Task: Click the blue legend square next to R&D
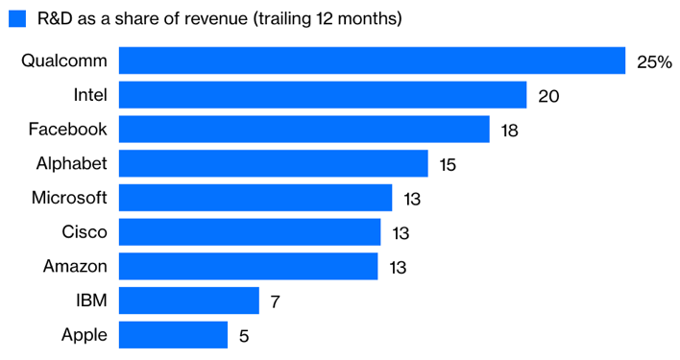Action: pos(16,19)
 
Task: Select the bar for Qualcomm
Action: pos(372,60)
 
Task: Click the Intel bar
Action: pos(322,95)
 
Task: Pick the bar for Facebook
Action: pos(304,130)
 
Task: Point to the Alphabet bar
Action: pos(273,164)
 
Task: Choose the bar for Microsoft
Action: pos(255,198)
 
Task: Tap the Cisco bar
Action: pos(249,232)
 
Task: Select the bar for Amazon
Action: pos(248,267)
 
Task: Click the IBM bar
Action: pos(188,301)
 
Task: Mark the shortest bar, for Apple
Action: pos(173,335)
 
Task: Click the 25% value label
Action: pos(653,61)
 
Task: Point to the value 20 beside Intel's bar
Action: pos(548,96)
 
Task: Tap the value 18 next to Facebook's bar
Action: pos(509,131)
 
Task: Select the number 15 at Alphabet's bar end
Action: pos(448,165)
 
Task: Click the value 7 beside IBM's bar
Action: pos(275,302)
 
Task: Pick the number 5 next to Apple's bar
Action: pos(244,336)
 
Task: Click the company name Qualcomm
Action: pos(64,60)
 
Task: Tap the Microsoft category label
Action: pos(69,198)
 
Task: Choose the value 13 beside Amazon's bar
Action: pos(397,268)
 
